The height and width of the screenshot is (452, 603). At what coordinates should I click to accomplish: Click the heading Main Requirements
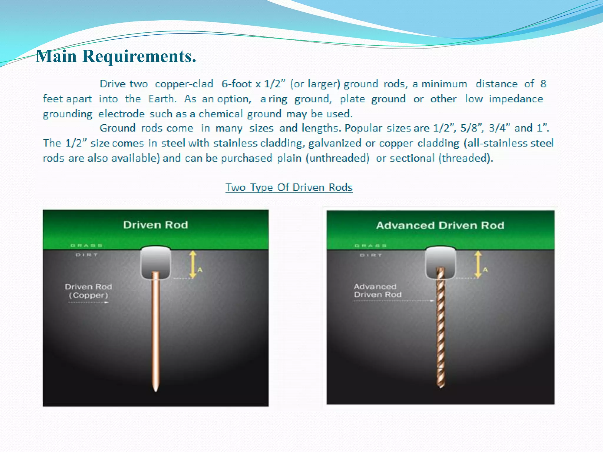[116, 56]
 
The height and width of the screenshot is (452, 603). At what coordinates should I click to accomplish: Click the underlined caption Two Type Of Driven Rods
[289, 187]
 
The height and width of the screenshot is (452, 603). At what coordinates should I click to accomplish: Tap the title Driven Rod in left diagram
[155, 225]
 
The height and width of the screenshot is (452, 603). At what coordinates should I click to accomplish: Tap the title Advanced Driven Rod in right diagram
[440, 225]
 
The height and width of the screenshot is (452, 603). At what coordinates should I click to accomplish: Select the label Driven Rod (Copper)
[88, 291]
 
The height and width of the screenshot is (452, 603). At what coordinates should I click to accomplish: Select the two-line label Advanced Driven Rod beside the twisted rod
[377, 290]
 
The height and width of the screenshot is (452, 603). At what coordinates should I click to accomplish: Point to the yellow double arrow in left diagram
[193, 265]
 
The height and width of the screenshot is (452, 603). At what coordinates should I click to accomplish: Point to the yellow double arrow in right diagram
[478, 265]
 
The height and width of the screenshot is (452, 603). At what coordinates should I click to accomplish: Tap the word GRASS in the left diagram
[87, 245]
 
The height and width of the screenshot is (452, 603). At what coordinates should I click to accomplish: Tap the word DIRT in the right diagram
[371, 255]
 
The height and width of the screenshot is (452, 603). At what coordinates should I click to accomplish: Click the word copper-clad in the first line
[184, 84]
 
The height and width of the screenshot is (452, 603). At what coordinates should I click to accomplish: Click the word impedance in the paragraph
[516, 99]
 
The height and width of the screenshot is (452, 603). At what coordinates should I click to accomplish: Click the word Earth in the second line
[162, 99]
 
